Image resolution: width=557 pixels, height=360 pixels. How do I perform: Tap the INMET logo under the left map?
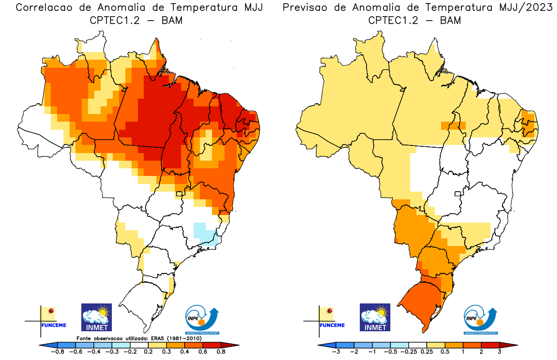click(96, 317)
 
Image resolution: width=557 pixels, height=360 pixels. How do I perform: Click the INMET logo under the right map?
click(375, 317)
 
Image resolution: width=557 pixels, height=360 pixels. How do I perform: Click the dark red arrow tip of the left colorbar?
click(234, 345)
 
